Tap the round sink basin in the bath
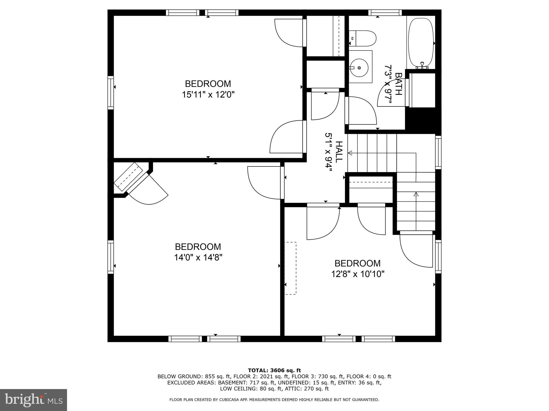pyautogui.click(x=359, y=68)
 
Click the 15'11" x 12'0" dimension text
pyautogui.click(x=208, y=95)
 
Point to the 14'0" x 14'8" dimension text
pyautogui.click(x=198, y=257)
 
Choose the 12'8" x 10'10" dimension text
pyautogui.click(x=358, y=274)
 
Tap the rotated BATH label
pyautogui.click(x=399, y=84)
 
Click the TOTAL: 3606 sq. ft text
pyautogui.click(x=274, y=371)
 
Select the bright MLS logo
pyautogui.click(x=34, y=400)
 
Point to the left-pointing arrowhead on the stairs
pyautogui.click(x=350, y=153)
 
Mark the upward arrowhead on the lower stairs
pyautogui.click(x=416, y=194)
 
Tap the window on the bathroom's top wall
pyautogui.click(x=385, y=13)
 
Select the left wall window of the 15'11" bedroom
pyautogui.click(x=111, y=93)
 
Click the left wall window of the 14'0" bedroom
pyautogui.click(x=111, y=257)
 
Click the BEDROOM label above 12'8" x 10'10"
pyautogui.click(x=358, y=263)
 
